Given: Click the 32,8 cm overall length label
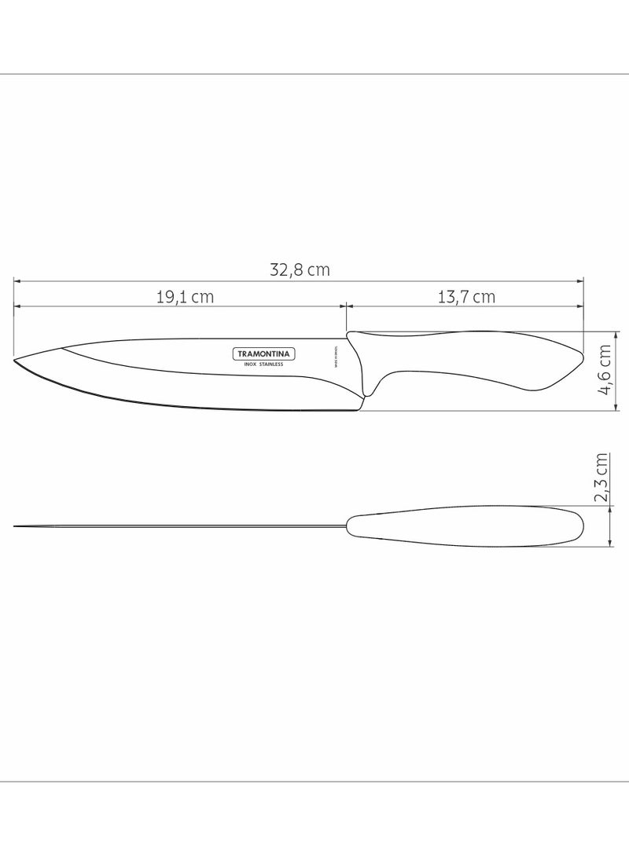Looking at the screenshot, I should pyautogui.click(x=300, y=270).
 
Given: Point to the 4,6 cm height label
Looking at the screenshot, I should pyautogui.click(x=605, y=372).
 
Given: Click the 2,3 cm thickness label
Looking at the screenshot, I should pyautogui.click(x=602, y=477).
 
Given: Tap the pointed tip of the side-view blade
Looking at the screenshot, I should pyautogui.click(x=16, y=360).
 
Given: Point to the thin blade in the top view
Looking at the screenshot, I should pyautogui.click(x=181, y=526).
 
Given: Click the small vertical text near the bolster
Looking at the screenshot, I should pyautogui.click(x=335, y=357).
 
